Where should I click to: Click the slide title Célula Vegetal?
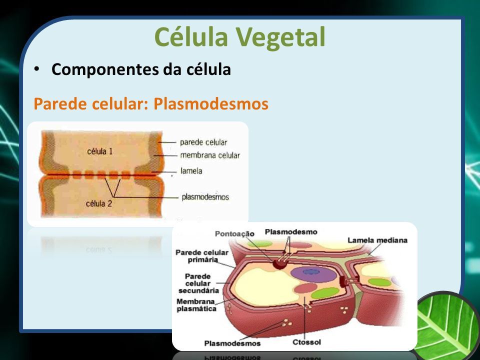[x=239, y=37]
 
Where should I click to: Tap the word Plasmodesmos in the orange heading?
[x=211, y=103]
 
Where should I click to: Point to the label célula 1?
[x=100, y=151]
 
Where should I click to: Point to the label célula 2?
[x=99, y=203]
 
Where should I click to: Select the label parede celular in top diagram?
[x=203, y=142]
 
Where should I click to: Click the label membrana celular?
[x=210, y=155]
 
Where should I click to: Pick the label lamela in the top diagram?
[x=191, y=171]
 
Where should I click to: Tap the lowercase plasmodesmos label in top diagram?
[x=205, y=197]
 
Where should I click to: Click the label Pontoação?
[x=235, y=234]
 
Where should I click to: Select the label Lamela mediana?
[x=377, y=240]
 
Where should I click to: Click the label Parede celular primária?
[x=202, y=256]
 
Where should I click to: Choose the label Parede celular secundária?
[x=198, y=283]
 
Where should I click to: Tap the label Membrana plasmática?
[x=196, y=305]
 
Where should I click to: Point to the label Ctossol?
[x=306, y=342]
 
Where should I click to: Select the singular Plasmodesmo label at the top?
[x=291, y=232]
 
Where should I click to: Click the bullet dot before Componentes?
[x=37, y=69]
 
